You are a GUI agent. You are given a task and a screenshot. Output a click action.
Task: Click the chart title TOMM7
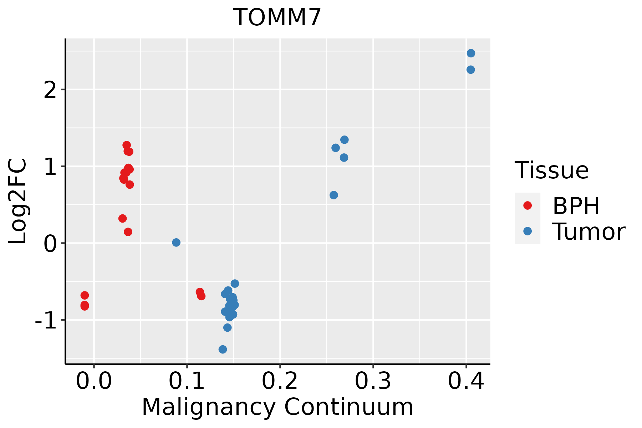277,18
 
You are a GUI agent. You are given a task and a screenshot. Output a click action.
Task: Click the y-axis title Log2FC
18,202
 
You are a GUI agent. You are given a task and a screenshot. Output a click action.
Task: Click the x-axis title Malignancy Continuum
277,407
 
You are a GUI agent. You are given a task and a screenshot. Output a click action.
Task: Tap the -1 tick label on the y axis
46,320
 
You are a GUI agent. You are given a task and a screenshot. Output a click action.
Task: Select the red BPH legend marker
527,205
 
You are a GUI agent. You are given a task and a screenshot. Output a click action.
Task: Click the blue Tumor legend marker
527,231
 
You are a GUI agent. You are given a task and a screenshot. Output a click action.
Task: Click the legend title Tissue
552,170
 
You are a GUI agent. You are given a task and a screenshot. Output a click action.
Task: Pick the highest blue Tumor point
471,53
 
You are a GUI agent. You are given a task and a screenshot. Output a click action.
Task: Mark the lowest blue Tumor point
223,349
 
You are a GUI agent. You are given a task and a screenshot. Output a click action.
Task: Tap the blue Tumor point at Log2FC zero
176,243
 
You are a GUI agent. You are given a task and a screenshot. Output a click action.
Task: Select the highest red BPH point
127,145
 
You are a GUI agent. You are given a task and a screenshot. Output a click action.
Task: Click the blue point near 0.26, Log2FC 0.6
334,195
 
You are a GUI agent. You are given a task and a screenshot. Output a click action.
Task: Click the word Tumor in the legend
588,232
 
